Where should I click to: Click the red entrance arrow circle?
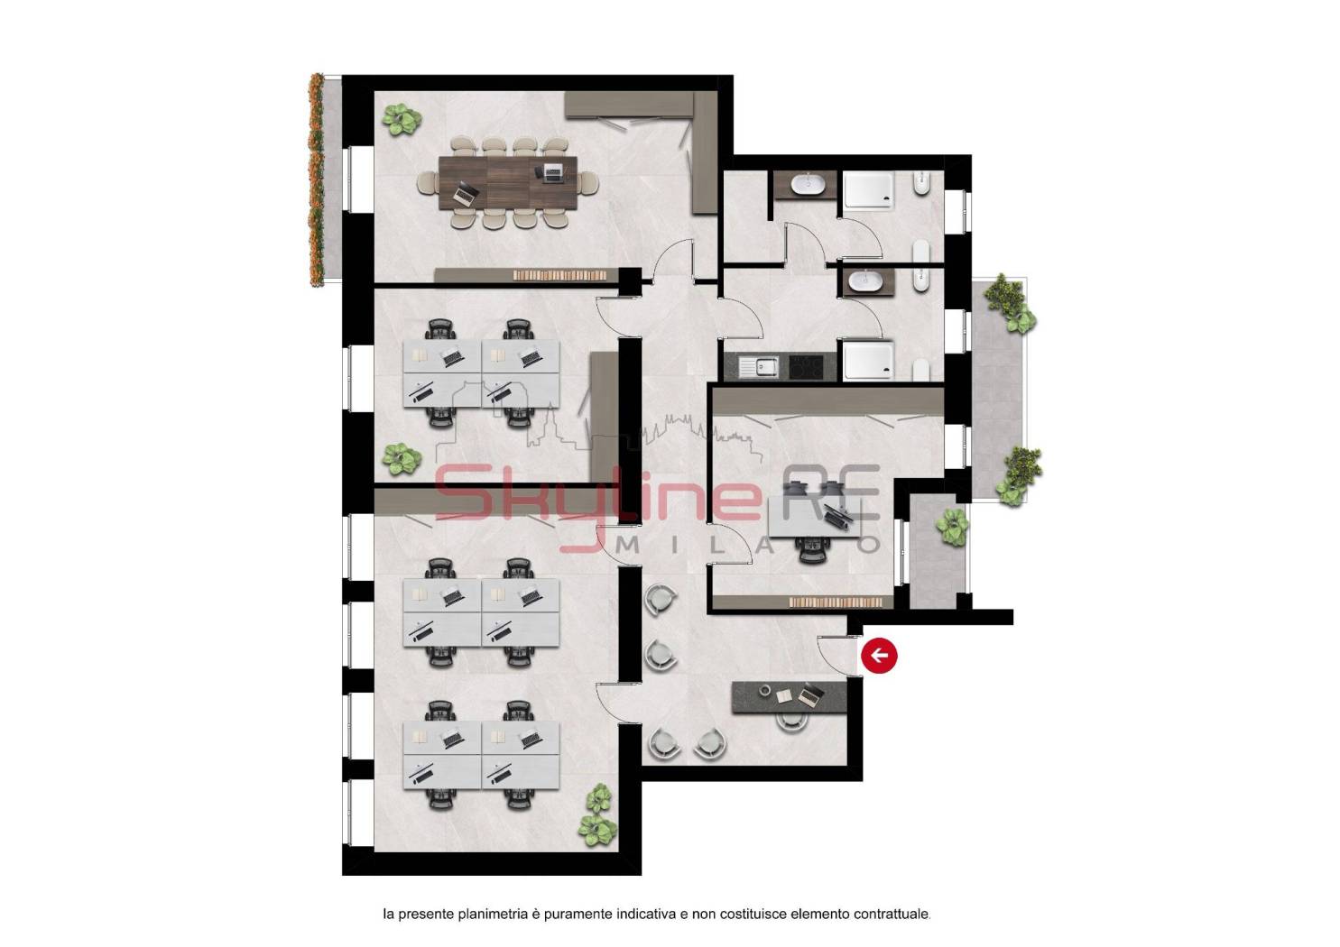(879, 656)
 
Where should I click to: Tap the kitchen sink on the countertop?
(759, 367)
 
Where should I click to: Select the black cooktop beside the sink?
(805, 367)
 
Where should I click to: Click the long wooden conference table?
(508, 183)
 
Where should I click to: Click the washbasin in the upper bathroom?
(809, 184)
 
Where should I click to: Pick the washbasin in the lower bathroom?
(867, 281)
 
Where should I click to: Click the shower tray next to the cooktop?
(869, 361)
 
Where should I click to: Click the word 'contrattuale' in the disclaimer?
(892, 931)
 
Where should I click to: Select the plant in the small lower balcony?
(951, 526)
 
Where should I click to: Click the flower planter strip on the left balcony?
(316, 179)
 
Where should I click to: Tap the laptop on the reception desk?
(810, 694)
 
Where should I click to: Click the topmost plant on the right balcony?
(1011, 302)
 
